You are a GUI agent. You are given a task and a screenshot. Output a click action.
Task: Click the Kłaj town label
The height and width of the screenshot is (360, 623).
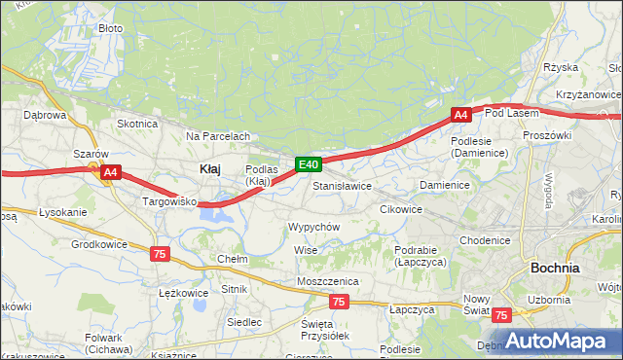coord(209,168)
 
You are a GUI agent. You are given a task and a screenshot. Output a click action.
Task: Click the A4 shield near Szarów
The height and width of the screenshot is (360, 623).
coord(110,173)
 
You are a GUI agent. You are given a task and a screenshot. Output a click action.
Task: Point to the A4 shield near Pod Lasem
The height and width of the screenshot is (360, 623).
coord(461,115)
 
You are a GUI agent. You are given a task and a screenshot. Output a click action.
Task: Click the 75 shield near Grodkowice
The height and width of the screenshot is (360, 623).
coord(160,253)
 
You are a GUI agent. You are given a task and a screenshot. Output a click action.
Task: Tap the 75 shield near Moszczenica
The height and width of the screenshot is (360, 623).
coord(338,302)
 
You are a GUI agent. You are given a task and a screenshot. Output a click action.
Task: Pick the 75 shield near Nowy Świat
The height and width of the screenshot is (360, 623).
coord(500,315)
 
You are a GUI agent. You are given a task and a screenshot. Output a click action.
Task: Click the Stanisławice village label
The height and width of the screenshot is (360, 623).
coord(342,185)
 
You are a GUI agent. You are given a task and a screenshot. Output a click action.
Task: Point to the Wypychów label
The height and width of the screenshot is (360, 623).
coord(313,226)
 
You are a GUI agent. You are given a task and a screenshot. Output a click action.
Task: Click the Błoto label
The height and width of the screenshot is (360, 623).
coord(111,28)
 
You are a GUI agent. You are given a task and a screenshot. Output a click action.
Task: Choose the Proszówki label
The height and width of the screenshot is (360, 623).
coord(546,135)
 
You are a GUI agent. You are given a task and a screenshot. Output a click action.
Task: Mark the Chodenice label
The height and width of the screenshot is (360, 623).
coord(485,240)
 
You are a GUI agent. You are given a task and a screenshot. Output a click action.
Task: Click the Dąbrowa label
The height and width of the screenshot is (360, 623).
coord(44,115)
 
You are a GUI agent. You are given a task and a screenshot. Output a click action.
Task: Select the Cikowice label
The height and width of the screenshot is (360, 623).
coord(401,209)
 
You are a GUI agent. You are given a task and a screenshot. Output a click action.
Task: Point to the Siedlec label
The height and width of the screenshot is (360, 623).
coord(243,321)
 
